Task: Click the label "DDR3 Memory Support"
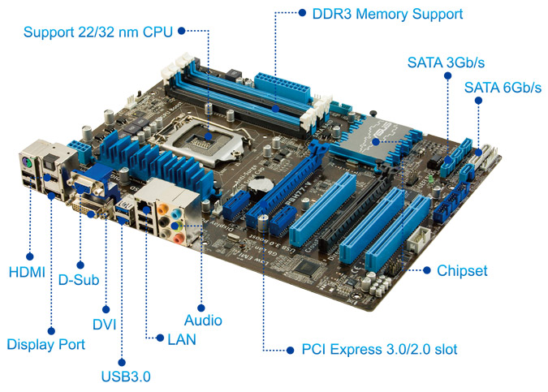(x=387, y=14)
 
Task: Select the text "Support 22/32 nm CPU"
(x=98, y=32)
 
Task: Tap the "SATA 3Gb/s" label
(x=446, y=62)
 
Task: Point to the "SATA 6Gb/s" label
(x=503, y=88)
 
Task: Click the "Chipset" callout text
(x=462, y=271)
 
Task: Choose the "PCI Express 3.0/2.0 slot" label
(x=380, y=349)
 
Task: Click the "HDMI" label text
(x=27, y=272)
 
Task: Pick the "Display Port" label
(x=45, y=344)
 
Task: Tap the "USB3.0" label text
(x=126, y=377)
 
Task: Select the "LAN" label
(x=182, y=339)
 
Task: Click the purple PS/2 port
(x=28, y=162)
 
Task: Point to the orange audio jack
(x=162, y=209)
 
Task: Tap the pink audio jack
(x=179, y=238)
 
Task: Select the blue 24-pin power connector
(x=283, y=86)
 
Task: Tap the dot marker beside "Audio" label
(x=201, y=308)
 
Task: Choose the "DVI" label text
(x=104, y=325)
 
